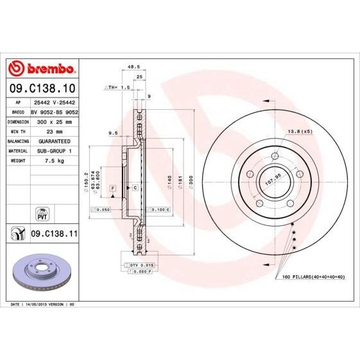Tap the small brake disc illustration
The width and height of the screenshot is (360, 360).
42,270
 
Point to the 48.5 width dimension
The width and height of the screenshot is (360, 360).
133,66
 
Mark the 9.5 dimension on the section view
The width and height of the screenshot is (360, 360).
113,133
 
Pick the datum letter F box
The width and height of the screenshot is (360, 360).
112,187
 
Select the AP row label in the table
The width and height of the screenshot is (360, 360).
19,101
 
